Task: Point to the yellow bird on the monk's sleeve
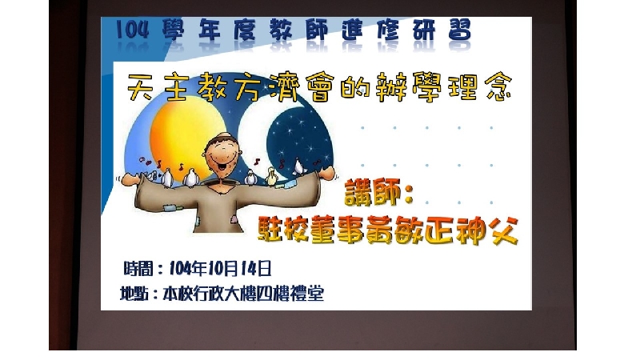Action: coord(271,176)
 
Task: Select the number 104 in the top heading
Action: coord(132,30)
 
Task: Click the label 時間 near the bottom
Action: coord(138,269)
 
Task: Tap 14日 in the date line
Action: coord(256,269)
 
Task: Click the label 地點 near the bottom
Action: coord(134,294)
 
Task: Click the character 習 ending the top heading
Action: coord(459,30)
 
